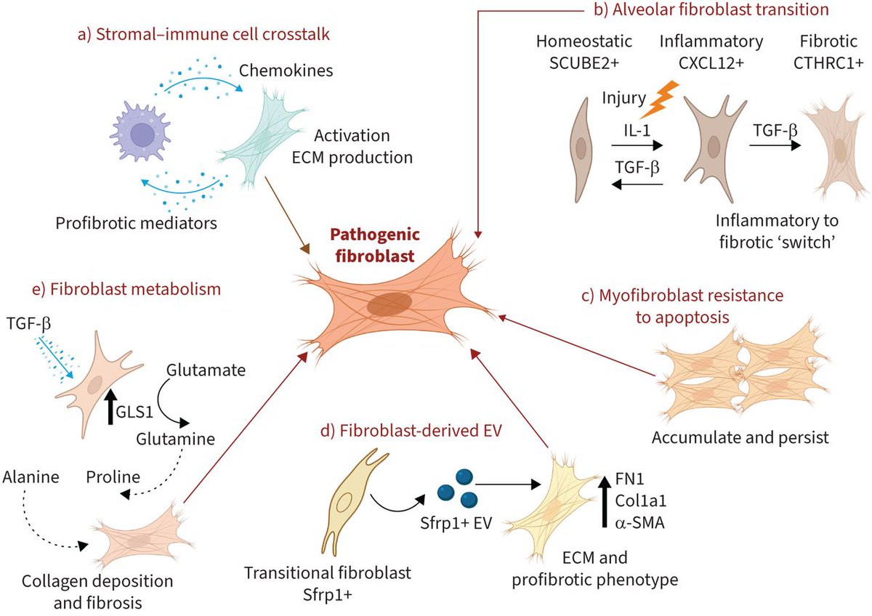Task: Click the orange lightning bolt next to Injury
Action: (x=659, y=100)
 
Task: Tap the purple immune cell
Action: (x=140, y=131)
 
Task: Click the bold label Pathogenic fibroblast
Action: (x=375, y=245)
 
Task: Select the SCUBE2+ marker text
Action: (x=584, y=63)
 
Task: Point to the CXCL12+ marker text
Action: (x=711, y=63)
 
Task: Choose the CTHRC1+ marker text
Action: (x=828, y=63)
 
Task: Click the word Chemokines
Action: (x=286, y=70)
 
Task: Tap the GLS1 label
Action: (x=134, y=412)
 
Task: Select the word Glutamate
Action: (x=206, y=370)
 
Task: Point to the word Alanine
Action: (x=31, y=477)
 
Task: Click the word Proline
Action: (x=113, y=477)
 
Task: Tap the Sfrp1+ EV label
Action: (x=456, y=522)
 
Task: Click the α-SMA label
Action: (x=639, y=522)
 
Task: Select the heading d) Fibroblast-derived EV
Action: (x=411, y=431)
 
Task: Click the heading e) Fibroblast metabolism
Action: (x=126, y=289)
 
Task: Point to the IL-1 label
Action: (x=637, y=130)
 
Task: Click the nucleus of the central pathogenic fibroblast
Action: (x=389, y=304)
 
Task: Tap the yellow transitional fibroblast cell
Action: (x=354, y=501)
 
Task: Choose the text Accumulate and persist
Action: (x=740, y=437)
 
